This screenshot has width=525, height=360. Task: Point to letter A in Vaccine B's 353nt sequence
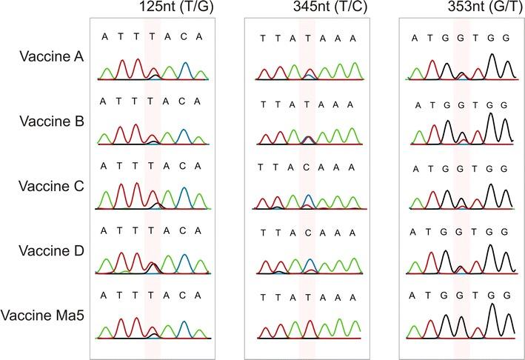[x=419, y=104]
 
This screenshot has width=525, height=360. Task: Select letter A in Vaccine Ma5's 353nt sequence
[x=415, y=296]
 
